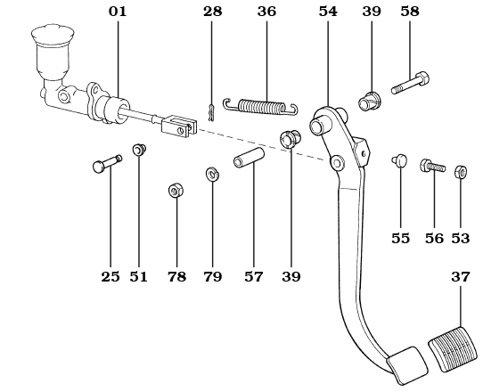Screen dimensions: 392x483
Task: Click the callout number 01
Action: point(118,12)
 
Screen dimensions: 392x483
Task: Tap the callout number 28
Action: point(212,12)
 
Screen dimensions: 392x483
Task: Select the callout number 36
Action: point(266,12)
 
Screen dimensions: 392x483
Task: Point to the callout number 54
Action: point(329,12)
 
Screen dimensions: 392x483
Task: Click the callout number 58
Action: point(410,12)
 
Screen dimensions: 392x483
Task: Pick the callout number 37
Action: point(460,277)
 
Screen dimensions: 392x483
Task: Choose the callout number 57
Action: point(254,277)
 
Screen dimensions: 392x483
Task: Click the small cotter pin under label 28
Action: point(211,112)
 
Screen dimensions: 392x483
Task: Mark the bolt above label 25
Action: point(106,165)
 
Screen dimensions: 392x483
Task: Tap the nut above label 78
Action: point(176,190)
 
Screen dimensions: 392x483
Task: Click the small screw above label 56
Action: point(432,166)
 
